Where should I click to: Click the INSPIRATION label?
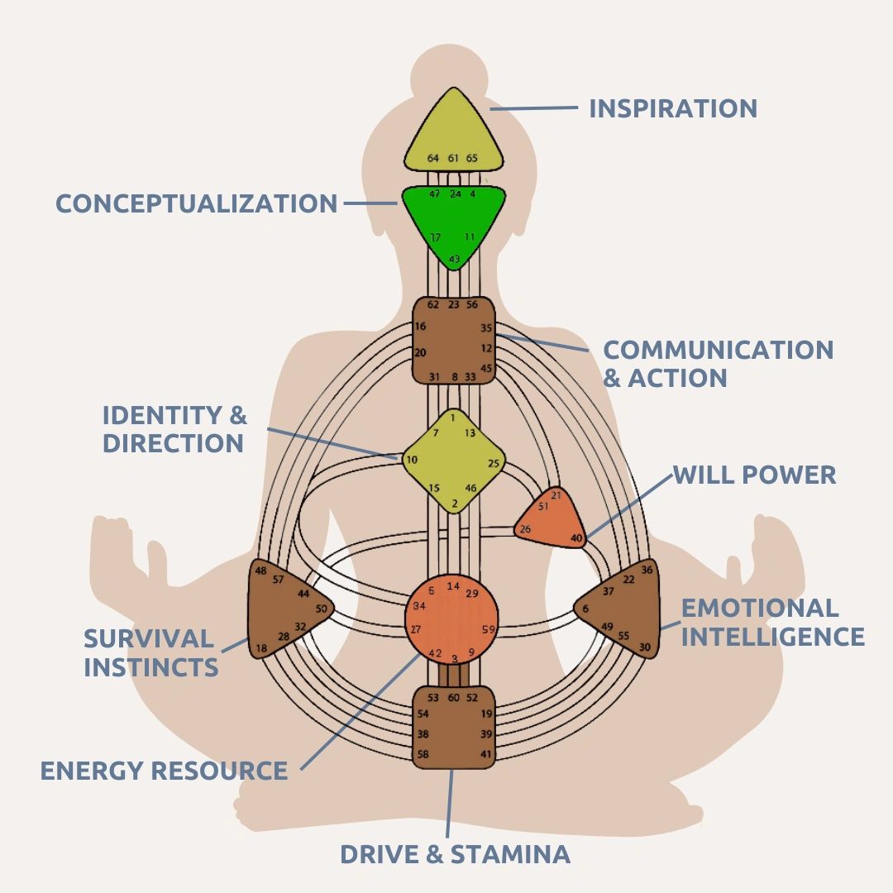(x=672, y=108)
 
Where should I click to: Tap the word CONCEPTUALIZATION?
(x=197, y=203)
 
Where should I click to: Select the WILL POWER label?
(x=755, y=475)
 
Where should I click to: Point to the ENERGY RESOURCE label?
(x=164, y=771)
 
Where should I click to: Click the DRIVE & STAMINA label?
(x=455, y=854)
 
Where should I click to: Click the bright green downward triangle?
(x=454, y=226)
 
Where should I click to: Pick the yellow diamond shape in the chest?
(x=453, y=461)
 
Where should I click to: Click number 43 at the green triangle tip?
(x=454, y=259)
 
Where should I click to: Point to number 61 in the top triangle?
(x=453, y=158)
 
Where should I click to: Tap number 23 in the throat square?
(x=453, y=304)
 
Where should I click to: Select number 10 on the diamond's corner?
(x=412, y=460)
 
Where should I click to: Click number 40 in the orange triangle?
(x=576, y=537)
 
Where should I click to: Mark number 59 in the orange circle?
(x=488, y=629)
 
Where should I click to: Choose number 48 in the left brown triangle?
(x=260, y=571)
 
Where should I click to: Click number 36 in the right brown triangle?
(x=647, y=570)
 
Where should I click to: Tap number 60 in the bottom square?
(x=453, y=698)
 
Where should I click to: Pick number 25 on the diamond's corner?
(x=493, y=463)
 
